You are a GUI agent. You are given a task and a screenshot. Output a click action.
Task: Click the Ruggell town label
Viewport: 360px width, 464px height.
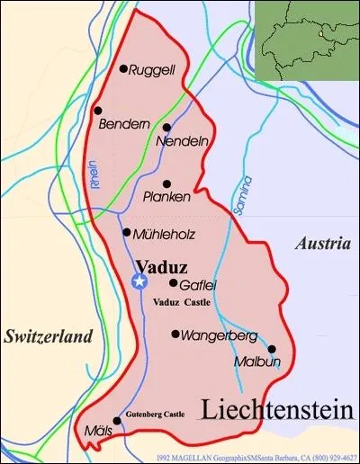click(x=151, y=69)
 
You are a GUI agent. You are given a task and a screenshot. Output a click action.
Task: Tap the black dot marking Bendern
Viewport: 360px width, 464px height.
click(x=97, y=110)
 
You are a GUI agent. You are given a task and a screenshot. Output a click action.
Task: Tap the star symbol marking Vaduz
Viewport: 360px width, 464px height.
click(x=139, y=281)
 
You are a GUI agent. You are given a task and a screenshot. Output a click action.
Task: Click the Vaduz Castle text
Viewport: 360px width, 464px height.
click(x=182, y=302)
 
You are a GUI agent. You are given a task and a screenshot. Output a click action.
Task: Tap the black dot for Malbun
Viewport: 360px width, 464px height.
click(x=271, y=350)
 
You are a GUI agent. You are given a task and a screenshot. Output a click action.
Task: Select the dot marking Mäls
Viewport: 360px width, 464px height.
click(x=117, y=420)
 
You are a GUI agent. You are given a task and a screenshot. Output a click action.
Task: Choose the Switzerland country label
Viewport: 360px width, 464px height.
click(x=48, y=337)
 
